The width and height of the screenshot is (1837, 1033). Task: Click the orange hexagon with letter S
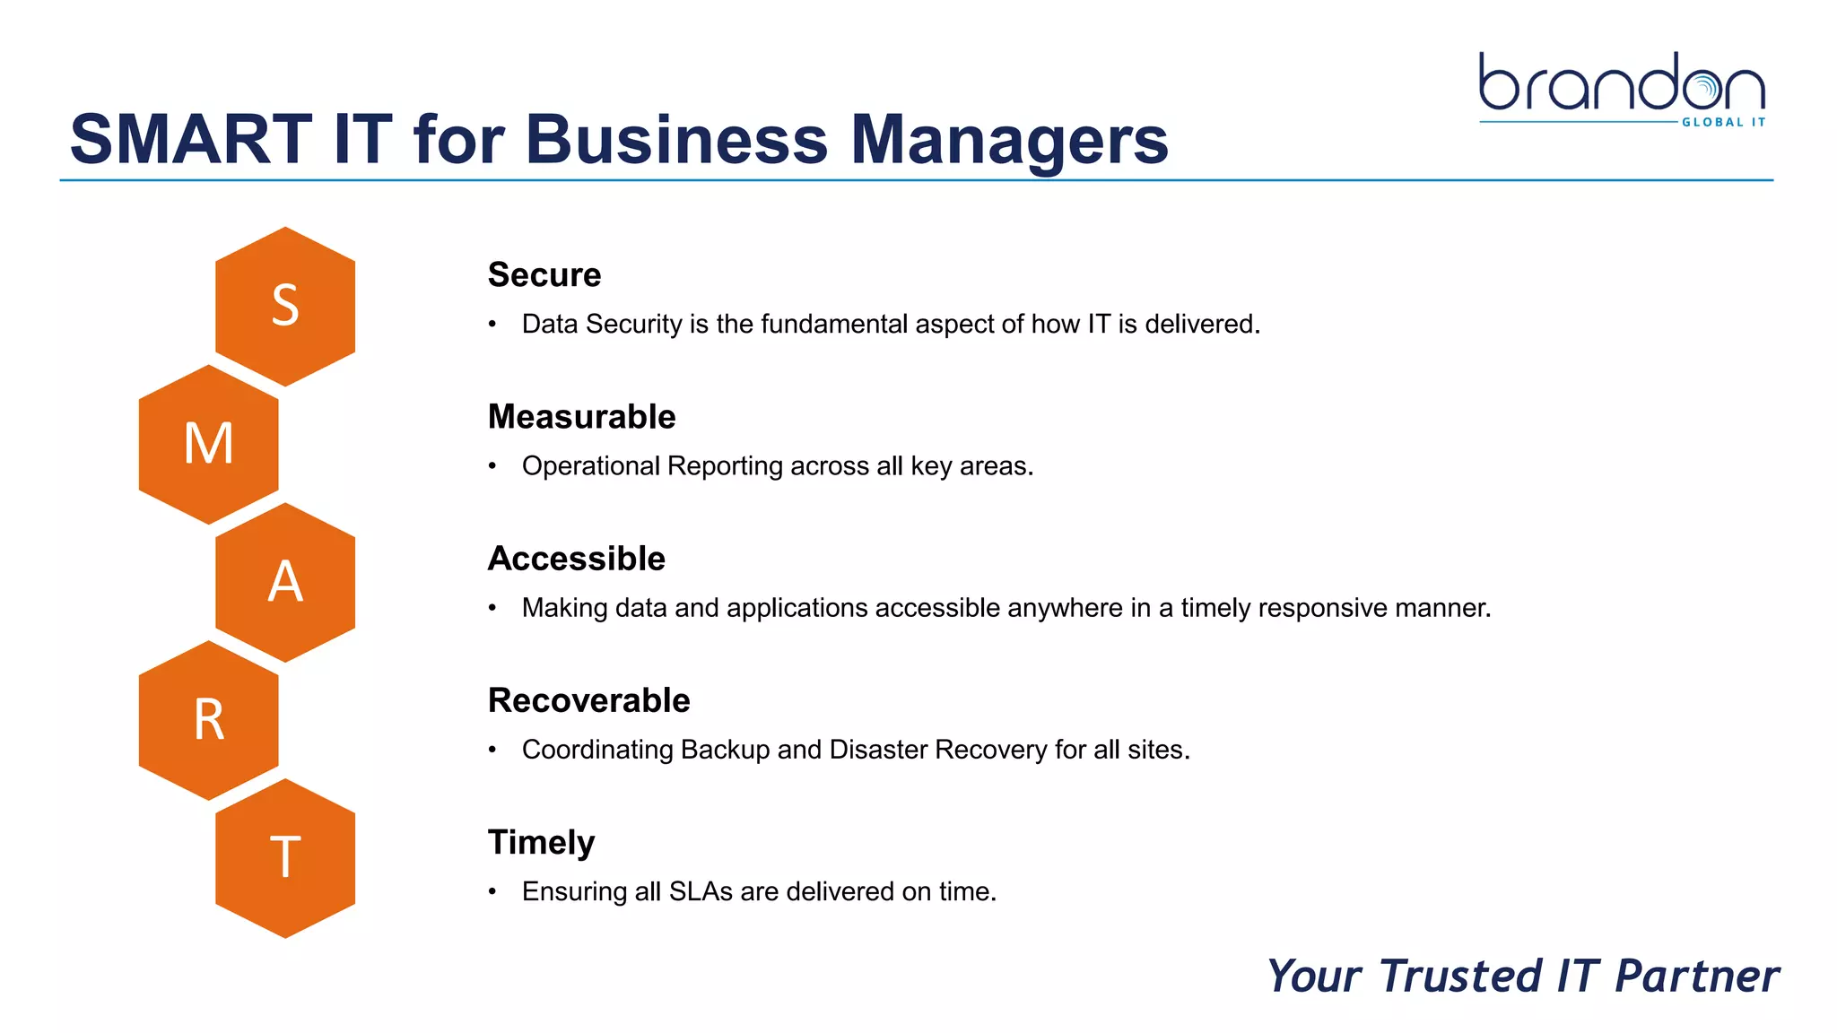pyautogui.click(x=285, y=306)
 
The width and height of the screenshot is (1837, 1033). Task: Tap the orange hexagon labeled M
pyautogui.click(x=208, y=444)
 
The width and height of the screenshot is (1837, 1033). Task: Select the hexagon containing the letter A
pyautogui.click(x=285, y=582)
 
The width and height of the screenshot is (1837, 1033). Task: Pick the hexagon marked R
pyautogui.click(x=208, y=720)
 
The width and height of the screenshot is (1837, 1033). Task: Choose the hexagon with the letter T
pyautogui.click(x=285, y=858)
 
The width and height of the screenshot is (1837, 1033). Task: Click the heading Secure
pyautogui.click(x=544, y=274)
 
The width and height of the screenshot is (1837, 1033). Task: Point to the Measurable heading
pyautogui.click(x=581, y=417)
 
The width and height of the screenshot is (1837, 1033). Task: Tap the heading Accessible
pyautogui.click(x=576, y=559)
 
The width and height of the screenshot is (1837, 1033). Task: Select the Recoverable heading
pyautogui.click(x=588, y=700)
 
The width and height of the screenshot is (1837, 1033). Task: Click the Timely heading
pyautogui.click(x=541, y=843)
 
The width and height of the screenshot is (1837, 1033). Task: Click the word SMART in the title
pyautogui.click(x=191, y=140)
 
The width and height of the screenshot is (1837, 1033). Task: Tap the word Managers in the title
pyautogui.click(x=1008, y=142)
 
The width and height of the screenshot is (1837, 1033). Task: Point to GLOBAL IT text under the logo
pyautogui.click(x=1723, y=122)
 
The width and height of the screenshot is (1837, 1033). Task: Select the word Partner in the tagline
pyautogui.click(x=1696, y=977)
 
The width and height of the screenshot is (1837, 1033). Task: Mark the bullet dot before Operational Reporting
pyautogui.click(x=492, y=466)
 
